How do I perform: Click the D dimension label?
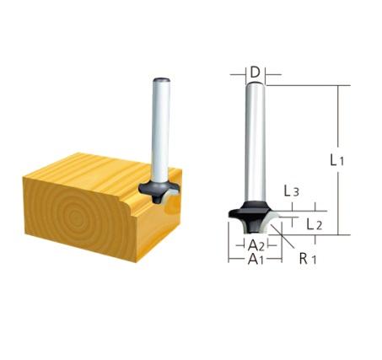pos(254,72)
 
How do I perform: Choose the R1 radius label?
pos(307,259)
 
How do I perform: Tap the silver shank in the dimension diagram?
pos(254,143)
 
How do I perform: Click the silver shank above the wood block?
pos(157,126)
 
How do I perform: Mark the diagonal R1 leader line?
pos(287,245)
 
